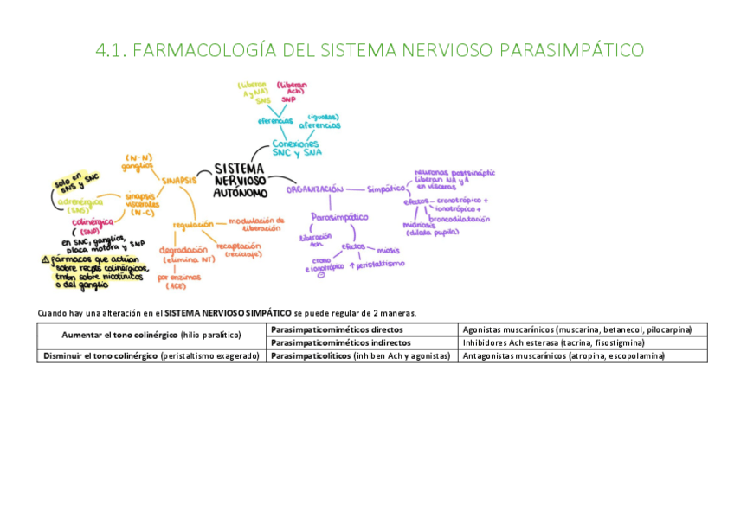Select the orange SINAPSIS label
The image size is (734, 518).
[180, 181]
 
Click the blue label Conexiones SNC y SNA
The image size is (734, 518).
[295, 148]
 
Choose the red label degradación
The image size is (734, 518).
[183, 250]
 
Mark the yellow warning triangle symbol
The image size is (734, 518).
[45, 259]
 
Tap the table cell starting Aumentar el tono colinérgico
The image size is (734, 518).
[151, 336]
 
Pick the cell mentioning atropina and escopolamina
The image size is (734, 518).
[563, 355]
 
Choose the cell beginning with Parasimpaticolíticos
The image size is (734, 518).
[361, 355]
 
